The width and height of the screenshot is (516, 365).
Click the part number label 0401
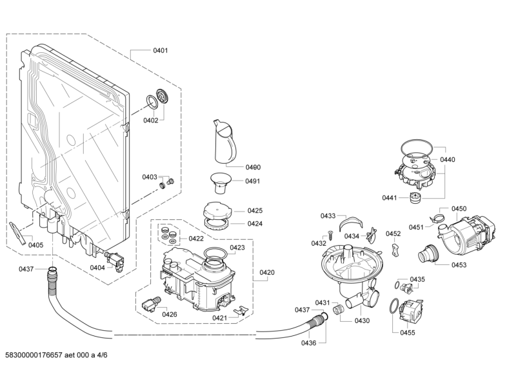click(160, 50)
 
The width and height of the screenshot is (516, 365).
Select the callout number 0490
click(252, 167)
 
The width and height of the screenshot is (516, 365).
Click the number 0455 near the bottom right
click(407, 332)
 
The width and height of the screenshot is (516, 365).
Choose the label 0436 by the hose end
click(308, 342)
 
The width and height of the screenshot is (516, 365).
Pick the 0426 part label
click(170, 314)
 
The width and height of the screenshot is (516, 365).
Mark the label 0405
click(35, 245)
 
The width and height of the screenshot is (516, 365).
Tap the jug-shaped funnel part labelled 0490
click(224, 142)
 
